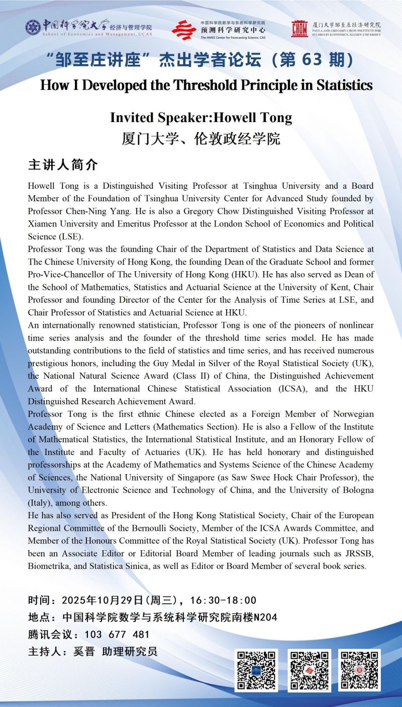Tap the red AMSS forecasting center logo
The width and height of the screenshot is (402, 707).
(183, 30)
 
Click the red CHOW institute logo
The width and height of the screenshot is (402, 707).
(299, 29)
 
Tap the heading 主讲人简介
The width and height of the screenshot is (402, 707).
(63, 165)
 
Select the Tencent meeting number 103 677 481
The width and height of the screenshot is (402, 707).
(117, 634)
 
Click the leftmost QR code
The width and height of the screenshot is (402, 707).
(256, 670)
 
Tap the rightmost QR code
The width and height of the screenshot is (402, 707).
(359, 670)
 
